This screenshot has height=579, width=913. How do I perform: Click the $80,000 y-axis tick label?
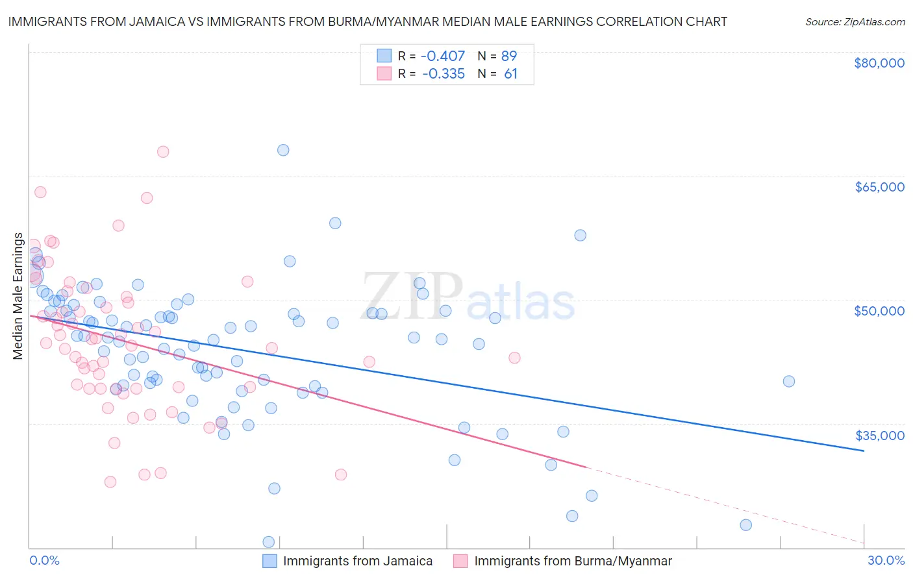tap(879, 63)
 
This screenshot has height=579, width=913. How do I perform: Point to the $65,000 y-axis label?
tap(879, 187)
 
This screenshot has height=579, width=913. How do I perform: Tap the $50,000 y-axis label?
tap(879, 311)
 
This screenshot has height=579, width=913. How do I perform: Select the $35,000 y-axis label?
tap(879, 435)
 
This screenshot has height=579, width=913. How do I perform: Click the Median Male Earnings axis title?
tap(18, 296)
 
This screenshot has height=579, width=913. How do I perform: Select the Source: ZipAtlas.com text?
tap(855, 21)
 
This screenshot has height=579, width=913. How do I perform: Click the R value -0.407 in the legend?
tap(444, 56)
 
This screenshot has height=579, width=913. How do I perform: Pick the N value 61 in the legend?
tap(510, 74)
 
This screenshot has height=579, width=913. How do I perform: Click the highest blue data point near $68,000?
tap(283, 150)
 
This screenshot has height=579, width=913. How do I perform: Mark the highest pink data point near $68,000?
tap(163, 152)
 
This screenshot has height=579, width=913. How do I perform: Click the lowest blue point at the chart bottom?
tap(268, 542)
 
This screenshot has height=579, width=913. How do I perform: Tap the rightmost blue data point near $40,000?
tap(788, 381)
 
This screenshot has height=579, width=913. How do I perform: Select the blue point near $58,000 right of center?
tap(581, 235)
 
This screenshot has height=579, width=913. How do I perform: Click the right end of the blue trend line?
tap(864, 450)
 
